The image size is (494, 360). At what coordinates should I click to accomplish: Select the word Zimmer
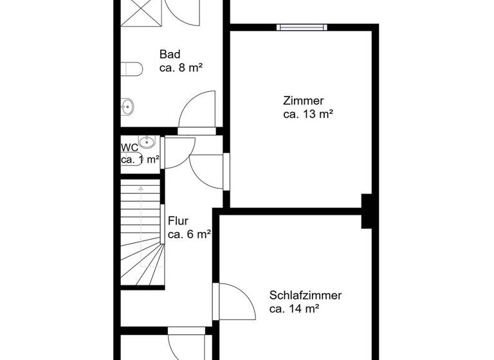pos(303,100)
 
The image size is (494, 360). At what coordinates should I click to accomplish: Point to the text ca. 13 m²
pos(307,114)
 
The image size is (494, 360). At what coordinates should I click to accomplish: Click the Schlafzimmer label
pos(306,296)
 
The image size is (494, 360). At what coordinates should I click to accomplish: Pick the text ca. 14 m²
pos(295,309)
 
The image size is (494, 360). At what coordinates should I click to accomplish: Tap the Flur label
pos(178,221)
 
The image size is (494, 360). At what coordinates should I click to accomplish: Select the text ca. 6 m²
pos(190,235)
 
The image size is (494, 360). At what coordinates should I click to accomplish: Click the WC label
pos(129,147)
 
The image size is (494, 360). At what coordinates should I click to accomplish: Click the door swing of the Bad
pos(197,111)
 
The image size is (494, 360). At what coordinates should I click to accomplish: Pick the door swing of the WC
pos(178,152)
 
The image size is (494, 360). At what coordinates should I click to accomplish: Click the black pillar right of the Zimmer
pos(369,211)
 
